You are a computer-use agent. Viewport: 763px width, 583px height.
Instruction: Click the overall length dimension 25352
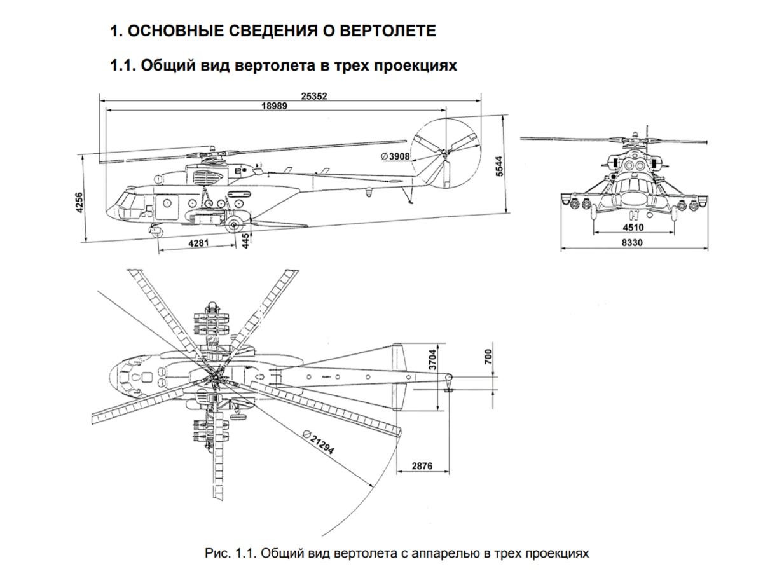click(315, 96)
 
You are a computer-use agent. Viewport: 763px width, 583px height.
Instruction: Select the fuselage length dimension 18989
click(274, 106)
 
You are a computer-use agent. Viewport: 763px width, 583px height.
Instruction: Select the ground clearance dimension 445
click(245, 240)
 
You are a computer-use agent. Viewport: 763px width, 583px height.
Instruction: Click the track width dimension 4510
click(633, 227)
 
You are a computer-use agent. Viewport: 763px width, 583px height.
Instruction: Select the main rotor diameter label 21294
click(319, 442)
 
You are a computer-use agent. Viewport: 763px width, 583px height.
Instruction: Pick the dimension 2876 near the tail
click(422, 466)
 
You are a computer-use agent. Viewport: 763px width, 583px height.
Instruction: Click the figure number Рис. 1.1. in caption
click(230, 553)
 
